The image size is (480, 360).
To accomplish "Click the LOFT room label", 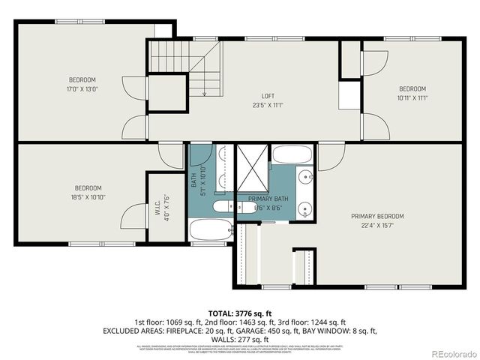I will point(267,96).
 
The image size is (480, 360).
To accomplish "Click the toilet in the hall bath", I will point(223,206).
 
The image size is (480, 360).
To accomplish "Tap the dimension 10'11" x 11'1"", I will point(412,97).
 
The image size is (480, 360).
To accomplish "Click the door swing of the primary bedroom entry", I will point(330,156).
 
